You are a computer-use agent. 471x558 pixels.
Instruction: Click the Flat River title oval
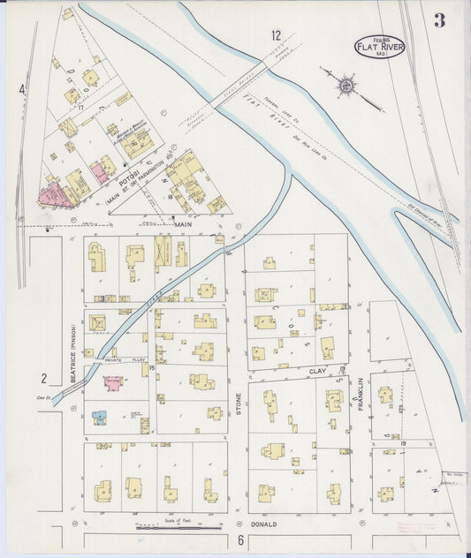tap(380, 46)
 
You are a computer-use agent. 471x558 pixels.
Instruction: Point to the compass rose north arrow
tap(347, 86)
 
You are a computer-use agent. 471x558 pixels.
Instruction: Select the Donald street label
tap(264, 524)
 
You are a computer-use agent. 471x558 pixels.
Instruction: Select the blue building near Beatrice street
tap(100, 415)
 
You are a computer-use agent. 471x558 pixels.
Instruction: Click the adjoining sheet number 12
tap(277, 35)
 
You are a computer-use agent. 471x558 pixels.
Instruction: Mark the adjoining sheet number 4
tap(22, 89)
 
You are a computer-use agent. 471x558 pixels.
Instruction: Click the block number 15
tap(152, 366)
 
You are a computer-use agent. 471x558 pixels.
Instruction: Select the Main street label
tap(185, 225)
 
